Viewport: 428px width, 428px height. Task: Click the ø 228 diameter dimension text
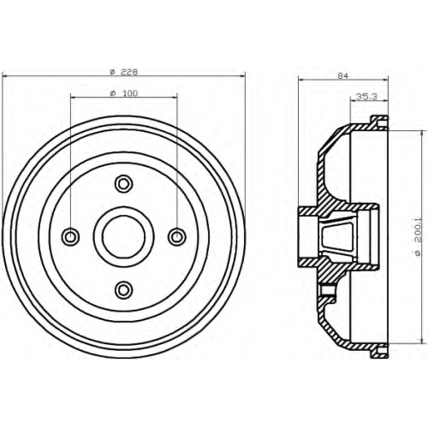pos(124,72)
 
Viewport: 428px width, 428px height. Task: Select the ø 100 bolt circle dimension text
pos(124,93)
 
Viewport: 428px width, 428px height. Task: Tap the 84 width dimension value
pos(343,75)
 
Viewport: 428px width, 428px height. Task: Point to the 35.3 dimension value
pos(367,97)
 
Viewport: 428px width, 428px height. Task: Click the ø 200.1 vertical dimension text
pos(418,237)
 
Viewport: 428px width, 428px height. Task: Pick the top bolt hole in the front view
pos(123,184)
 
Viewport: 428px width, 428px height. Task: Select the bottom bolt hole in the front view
pos(123,290)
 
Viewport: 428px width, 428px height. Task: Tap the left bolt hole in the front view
pos(70,236)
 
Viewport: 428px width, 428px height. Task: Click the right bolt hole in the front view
pos(177,236)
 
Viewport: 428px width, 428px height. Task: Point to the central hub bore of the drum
pos(123,236)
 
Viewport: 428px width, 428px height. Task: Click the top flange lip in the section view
pos(379,122)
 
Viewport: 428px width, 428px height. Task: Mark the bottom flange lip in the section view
pos(379,351)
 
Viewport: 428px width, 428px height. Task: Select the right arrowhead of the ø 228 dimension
pos(243,76)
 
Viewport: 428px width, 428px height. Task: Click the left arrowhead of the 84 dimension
pos(301,80)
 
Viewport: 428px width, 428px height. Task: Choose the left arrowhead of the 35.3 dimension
pos(354,100)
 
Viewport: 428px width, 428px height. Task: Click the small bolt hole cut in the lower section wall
pos(324,290)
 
